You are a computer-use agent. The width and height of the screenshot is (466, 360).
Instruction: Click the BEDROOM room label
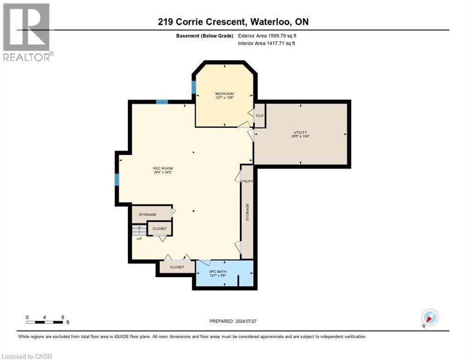[x=224, y=93]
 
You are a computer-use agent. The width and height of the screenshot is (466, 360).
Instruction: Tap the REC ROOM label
[x=159, y=168]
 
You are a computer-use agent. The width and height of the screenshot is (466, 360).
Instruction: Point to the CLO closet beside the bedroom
[x=259, y=115]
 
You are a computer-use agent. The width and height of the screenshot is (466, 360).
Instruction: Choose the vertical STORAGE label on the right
[x=247, y=212]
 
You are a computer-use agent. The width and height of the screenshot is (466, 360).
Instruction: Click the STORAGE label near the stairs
[x=147, y=214]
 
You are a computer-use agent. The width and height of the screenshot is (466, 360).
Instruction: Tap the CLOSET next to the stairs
[x=159, y=228]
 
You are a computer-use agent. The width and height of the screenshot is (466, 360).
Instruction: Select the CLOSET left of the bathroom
[x=177, y=267]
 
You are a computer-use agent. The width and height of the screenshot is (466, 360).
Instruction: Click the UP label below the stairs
[x=139, y=239]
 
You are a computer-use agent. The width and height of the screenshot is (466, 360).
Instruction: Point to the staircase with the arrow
[x=139, y=230]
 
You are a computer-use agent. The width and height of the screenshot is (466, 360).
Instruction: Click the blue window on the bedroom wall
[x=194, y=88]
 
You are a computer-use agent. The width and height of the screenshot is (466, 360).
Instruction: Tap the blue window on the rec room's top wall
[x=162, y=101]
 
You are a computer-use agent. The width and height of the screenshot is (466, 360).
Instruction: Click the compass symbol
[x=429, y=318]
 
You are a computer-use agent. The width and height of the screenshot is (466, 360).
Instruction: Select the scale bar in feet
[x=45, y=322]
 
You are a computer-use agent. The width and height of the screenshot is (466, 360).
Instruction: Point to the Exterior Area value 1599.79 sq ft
[x=267, y=36]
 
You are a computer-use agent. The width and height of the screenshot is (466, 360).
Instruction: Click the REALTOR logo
[x=27, y=32]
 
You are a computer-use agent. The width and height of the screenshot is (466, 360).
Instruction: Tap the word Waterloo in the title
[x=272, y=22]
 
